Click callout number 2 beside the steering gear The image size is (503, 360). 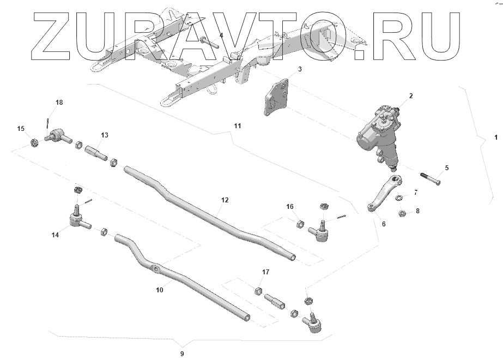coord(411,96)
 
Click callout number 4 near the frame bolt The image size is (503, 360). coord(221,35)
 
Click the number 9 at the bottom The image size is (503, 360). coord(182,353)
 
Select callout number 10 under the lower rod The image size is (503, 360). coord(159,290)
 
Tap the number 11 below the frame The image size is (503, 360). coord(237,126)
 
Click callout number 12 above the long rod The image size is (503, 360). coord(225,200)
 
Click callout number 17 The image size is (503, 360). coord(259,289)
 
